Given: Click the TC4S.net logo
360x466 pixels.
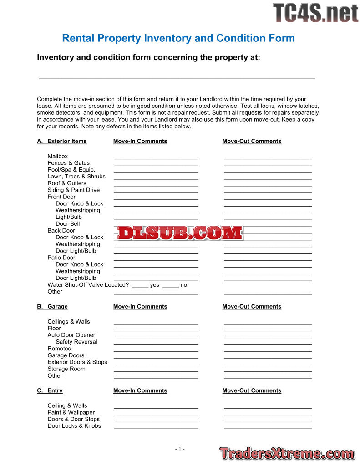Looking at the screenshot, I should [315, 13].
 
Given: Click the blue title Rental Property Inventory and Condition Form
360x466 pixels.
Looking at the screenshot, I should [178, 38].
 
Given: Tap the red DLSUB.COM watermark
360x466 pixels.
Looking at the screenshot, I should [180, 233].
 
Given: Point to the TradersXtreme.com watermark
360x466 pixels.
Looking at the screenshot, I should [287, 453].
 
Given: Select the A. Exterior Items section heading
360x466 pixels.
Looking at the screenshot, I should [62, 141].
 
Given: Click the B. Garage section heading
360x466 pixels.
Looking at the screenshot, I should [53, 306].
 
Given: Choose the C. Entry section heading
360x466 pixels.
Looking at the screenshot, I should [50, 390].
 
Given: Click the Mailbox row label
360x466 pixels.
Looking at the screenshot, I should [58, 156].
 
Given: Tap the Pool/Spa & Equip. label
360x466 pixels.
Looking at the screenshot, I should [71, 170].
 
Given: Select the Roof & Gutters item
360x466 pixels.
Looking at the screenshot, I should [67, 183].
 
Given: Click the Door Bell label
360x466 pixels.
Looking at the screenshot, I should [67, 223].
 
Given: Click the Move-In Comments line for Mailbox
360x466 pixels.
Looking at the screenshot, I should [156, 158].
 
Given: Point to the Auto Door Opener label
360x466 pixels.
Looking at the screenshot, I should [71, 335].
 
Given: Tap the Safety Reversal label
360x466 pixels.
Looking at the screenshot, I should [76, 342].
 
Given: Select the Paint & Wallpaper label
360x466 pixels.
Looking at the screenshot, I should [71, 412].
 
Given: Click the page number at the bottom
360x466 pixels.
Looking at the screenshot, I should [180, 449].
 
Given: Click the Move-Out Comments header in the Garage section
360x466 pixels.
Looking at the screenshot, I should [252, 306].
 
